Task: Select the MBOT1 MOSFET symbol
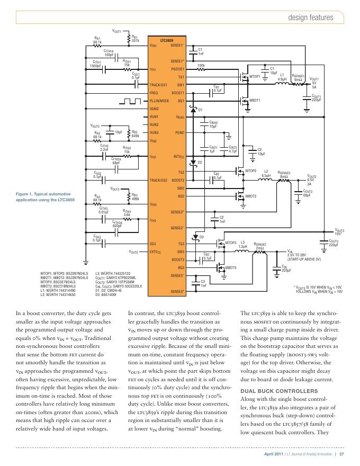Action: (x=245, y=100)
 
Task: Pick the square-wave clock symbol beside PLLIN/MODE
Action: (x=127, y=100)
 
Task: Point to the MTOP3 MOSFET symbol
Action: (x=219, y=244)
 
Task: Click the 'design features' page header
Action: (x=311, y=17)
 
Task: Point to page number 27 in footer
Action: (x=342, y=454)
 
